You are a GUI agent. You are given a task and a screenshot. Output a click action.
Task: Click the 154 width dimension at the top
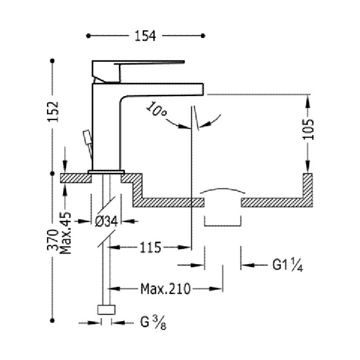pos(145,35)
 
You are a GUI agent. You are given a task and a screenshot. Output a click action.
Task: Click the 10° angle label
pos(157,109)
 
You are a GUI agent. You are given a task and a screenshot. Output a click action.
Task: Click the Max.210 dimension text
pos(165,288)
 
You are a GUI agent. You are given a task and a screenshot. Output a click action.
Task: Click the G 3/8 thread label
pos(150,322)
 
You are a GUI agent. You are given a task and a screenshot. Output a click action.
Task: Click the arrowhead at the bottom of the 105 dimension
pos(308,167)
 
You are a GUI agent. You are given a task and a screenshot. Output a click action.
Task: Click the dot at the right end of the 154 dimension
pos(203,36)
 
